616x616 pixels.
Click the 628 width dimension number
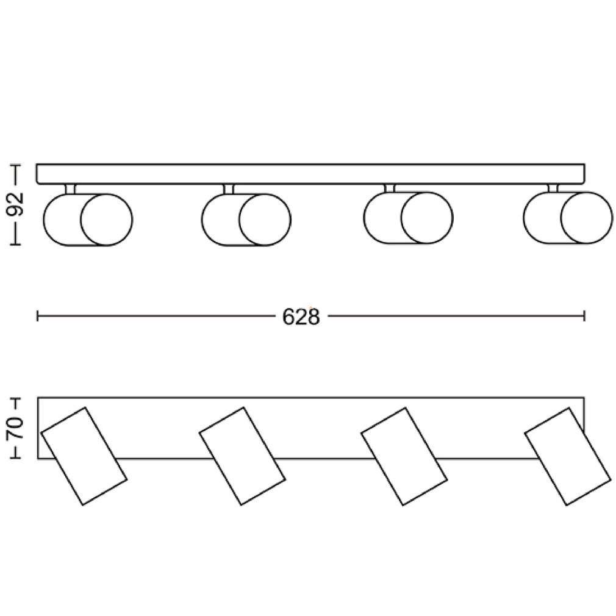click(x=301, y=317)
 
